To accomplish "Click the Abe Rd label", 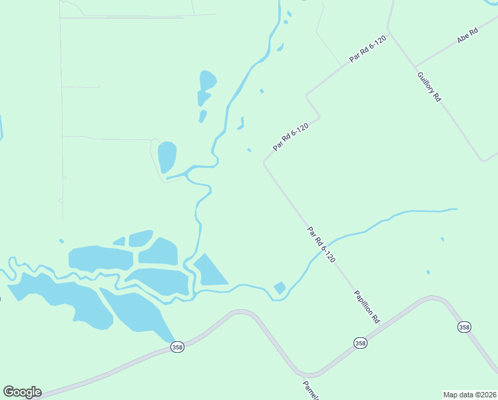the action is click(467, 36).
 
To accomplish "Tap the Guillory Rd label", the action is click(429, 86).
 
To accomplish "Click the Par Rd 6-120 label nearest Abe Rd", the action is click(368, 49).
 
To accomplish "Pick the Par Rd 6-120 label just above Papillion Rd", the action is click(321, 244).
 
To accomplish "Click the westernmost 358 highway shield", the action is click(176, 348).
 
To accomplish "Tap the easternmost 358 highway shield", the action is click(463, 327).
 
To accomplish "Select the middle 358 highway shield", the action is click(360, 343).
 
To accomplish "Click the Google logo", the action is click(22, 392).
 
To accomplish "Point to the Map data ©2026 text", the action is click(469, 394).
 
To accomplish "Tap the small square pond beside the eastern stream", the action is click(280, 288).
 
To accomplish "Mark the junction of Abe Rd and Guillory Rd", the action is click(414, 66).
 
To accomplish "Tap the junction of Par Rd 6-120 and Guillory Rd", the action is click(389, 30).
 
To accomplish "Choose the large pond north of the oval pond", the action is click(206, 87).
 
